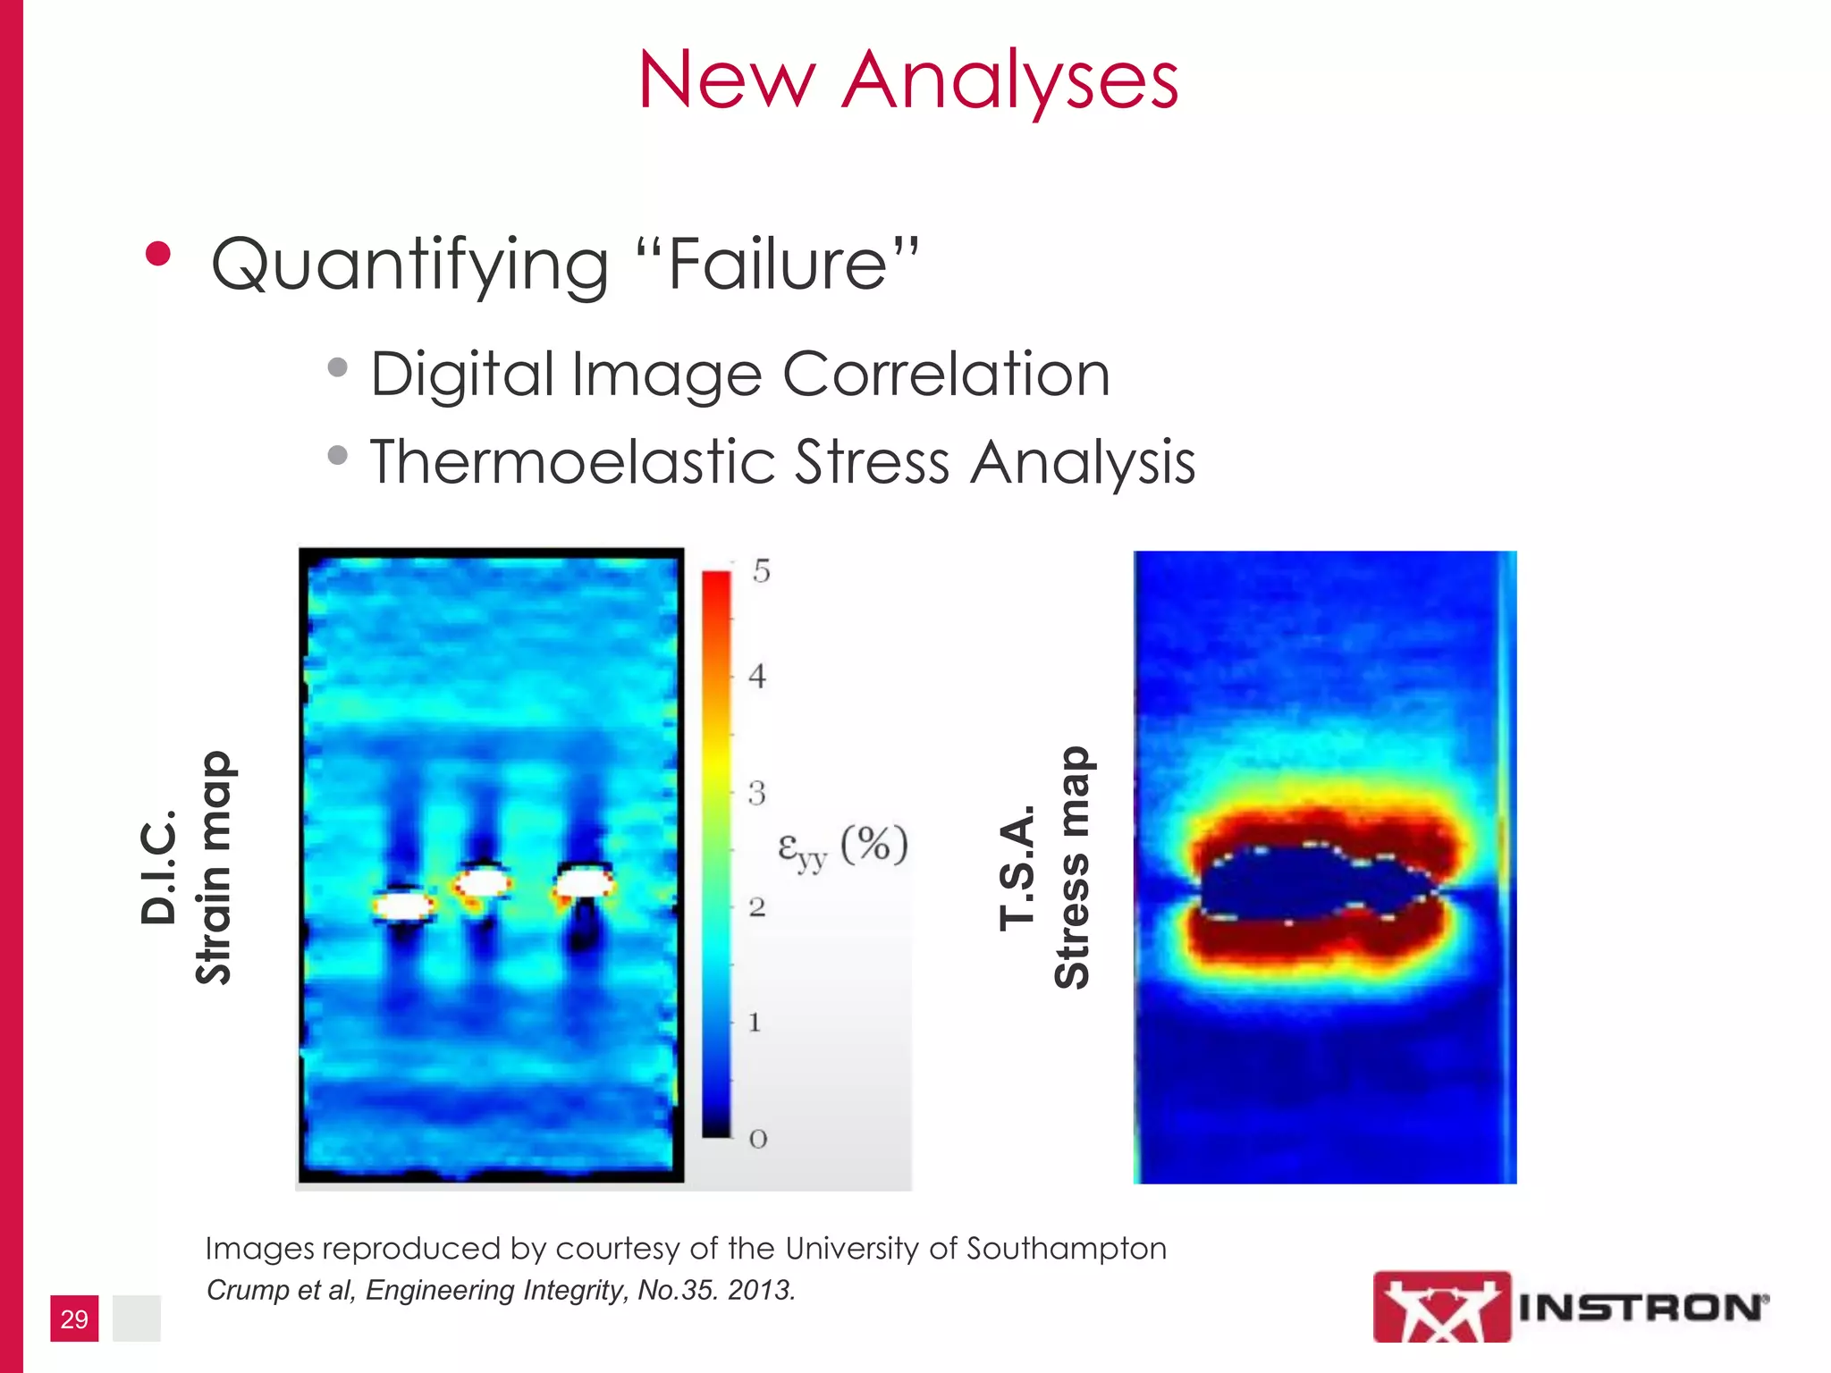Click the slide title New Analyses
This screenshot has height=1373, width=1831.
[x=907, y=80]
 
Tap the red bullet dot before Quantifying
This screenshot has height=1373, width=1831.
[x=158, y=254]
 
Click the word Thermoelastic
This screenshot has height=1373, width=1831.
[x=572, y=462]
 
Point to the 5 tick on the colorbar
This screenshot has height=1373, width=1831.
[x=761, y=571]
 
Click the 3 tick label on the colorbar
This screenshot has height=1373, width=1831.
[x=757, y=793]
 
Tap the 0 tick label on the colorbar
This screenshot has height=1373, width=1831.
[x=758, y=1139]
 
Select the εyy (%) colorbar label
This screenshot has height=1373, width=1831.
[x=841, y=845]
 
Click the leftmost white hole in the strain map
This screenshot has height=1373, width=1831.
[x=402, y=906]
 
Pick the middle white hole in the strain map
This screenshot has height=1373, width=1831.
[x=484, y=883]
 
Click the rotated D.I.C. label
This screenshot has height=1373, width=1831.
[x=159, y=867]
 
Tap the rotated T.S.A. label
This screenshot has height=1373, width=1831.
[x=1017, y=867]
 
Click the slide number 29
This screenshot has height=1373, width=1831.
[x=74, y=1318]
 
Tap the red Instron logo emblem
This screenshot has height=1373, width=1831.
[x=1441, y=1307]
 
